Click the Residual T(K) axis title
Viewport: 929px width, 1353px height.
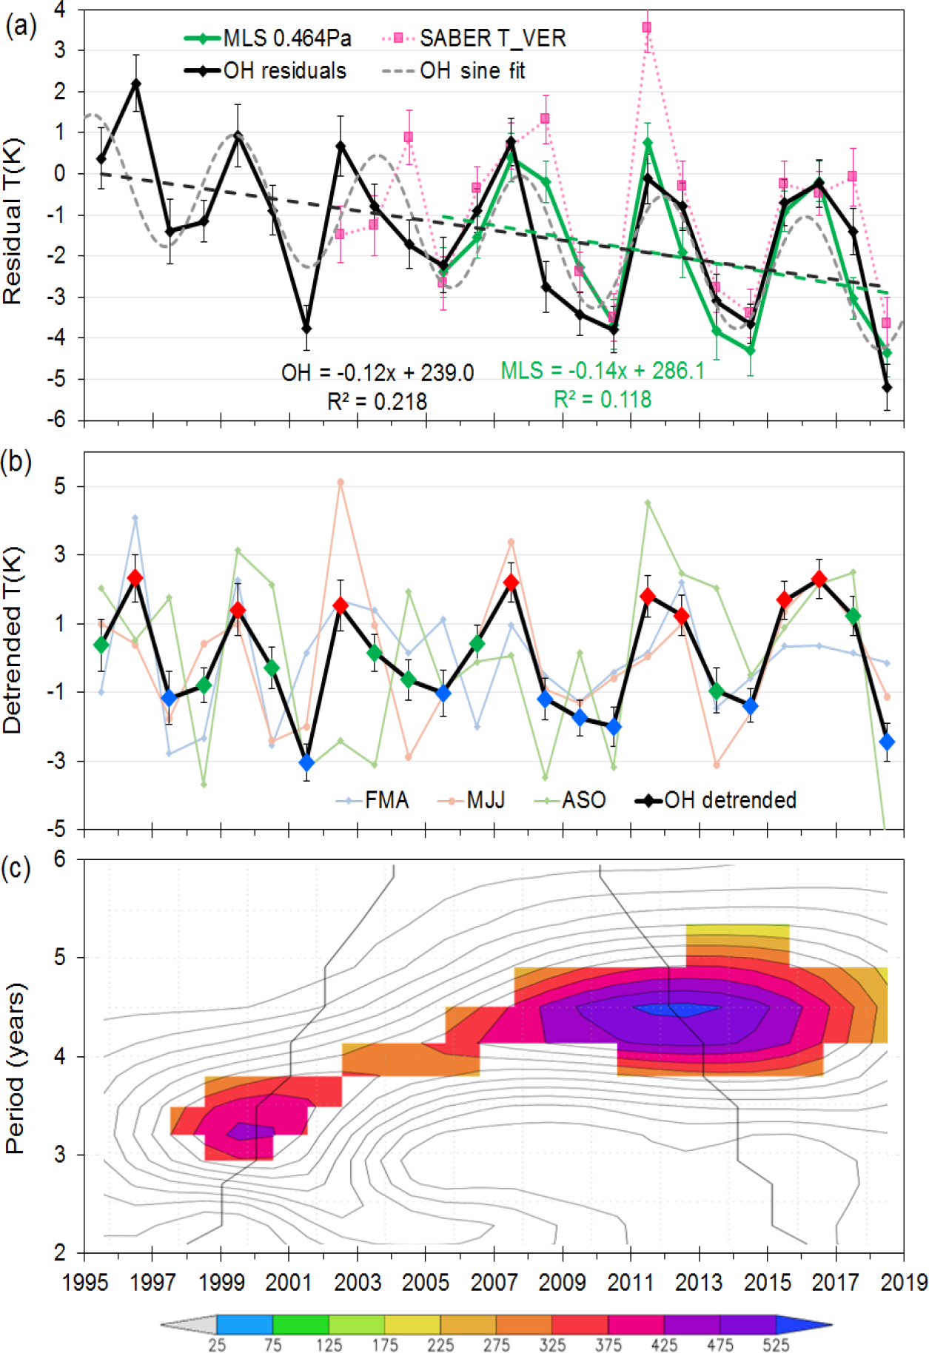[13, 221]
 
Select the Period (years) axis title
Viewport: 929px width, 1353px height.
[14, 1068]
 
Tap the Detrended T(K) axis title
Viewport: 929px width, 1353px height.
[13, 641]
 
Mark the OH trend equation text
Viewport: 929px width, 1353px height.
[378, 372]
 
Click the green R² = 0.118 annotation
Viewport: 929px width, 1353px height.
[603, 400]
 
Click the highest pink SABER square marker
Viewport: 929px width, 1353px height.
[647, 27]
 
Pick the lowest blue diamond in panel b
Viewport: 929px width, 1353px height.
[306, 762]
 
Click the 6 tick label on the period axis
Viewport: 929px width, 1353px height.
[59, 859]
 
